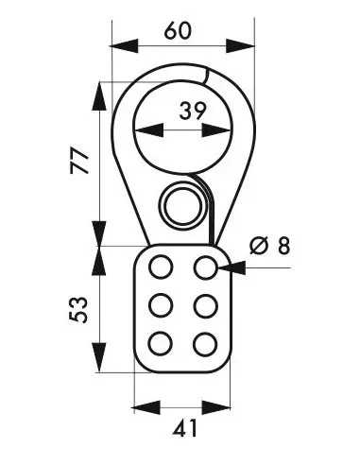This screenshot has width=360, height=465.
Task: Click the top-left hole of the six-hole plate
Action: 161,268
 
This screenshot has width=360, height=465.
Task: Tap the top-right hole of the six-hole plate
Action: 205,268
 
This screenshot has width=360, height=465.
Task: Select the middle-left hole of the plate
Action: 161,305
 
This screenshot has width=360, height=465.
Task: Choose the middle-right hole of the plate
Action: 205,305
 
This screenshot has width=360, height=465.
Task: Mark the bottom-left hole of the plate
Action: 161,342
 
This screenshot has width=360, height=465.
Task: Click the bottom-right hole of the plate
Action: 205,342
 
